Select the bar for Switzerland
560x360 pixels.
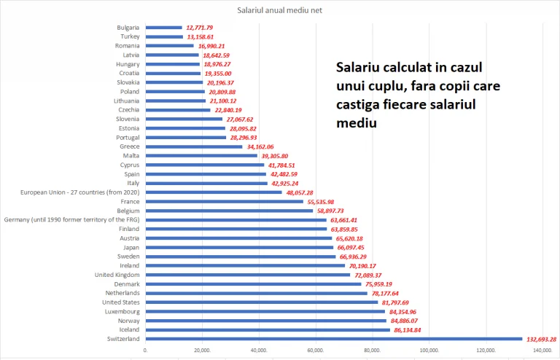pos(334,339)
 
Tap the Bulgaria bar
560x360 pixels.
pos(164,28)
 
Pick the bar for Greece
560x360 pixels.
pos(194,146)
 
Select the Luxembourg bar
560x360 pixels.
pos(265,311)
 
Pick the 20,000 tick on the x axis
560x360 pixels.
pos(203,351)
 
